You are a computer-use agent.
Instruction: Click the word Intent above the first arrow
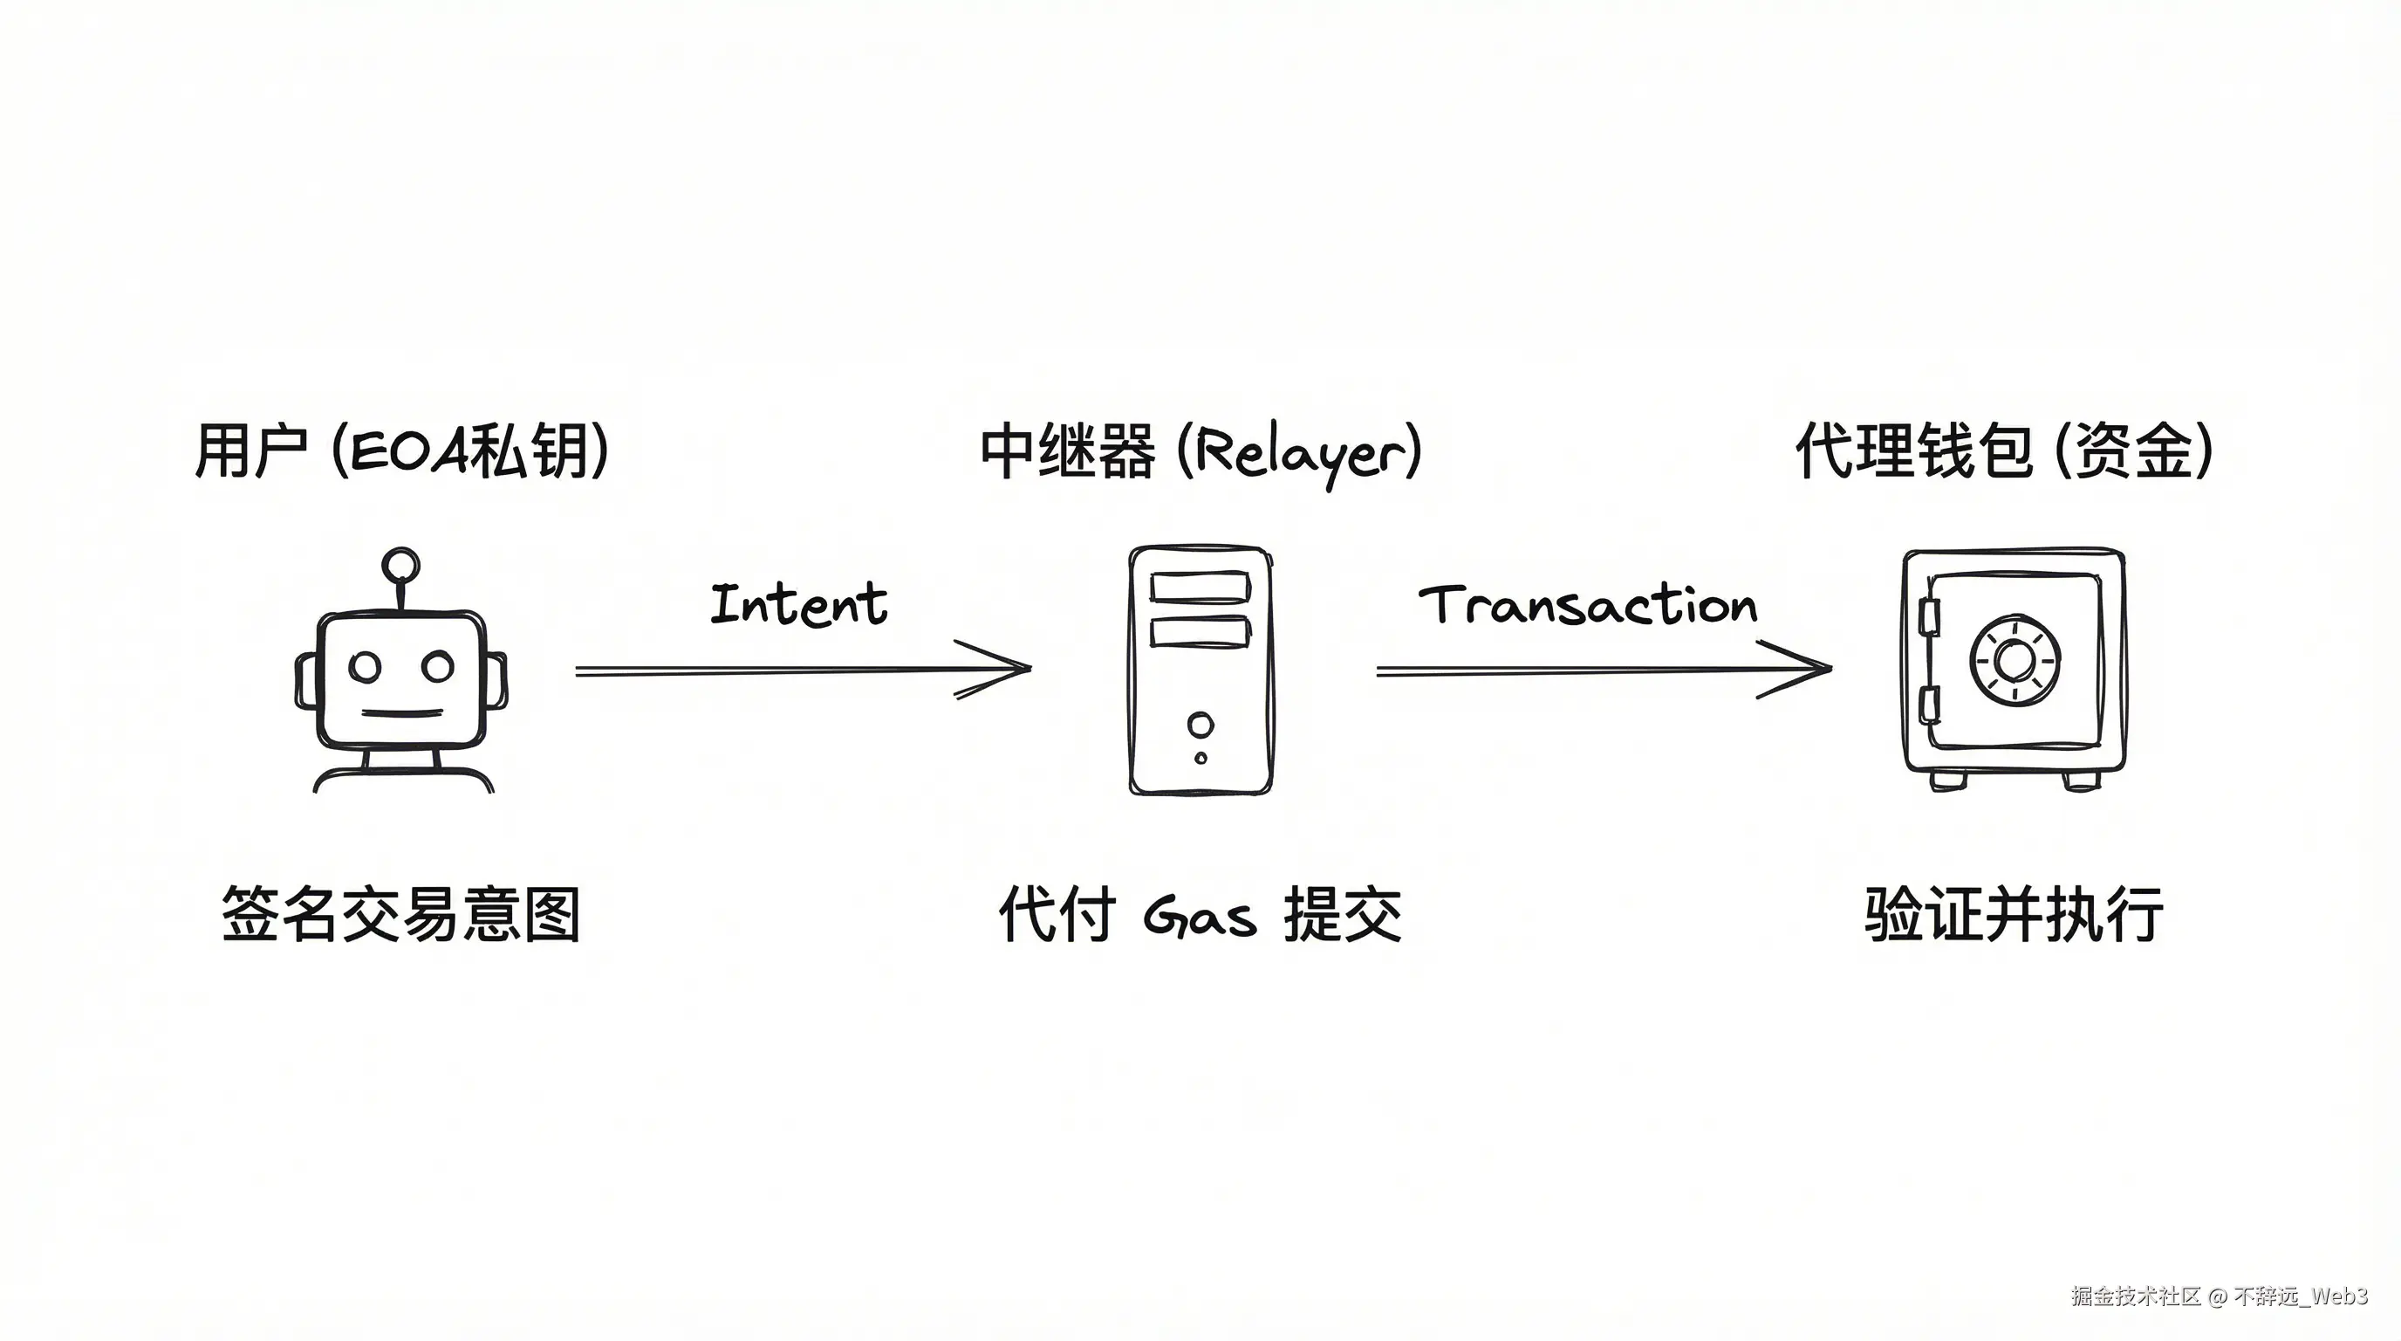799,603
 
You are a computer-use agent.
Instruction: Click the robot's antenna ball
400,565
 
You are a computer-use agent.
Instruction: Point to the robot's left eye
366,666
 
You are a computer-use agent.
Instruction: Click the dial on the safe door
2015,661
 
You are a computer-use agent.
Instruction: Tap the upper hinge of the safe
1928,616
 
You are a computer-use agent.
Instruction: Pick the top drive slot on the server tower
1200,588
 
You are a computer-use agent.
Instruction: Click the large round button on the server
1200,725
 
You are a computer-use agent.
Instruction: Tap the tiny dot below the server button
1200,758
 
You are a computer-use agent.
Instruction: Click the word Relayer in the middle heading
1301,454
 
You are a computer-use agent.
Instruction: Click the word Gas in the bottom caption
1200,916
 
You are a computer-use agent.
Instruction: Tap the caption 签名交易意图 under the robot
400,915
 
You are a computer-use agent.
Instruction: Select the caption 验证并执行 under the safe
2014,915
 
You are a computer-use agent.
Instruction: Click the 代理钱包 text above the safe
1912,451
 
